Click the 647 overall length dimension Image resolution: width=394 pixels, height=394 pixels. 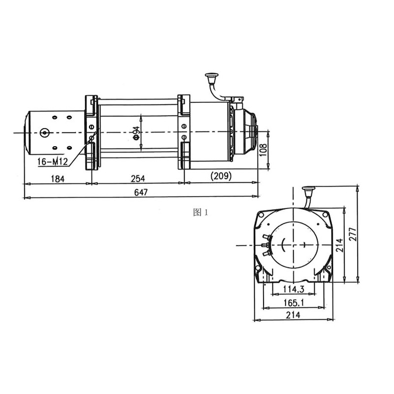point(141,192)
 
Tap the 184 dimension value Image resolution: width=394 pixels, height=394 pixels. point(58,179)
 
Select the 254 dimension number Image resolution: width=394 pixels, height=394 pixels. point(138,179)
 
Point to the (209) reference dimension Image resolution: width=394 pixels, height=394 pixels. point(221,176)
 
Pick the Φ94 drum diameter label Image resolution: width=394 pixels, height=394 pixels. point(136,133)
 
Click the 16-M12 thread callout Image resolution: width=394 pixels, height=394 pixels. point(53,162)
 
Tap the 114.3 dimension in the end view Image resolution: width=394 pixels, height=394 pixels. point(294,290)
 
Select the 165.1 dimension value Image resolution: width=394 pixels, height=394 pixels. point(294,303)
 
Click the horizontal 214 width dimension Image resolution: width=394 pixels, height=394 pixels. point(293,315)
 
